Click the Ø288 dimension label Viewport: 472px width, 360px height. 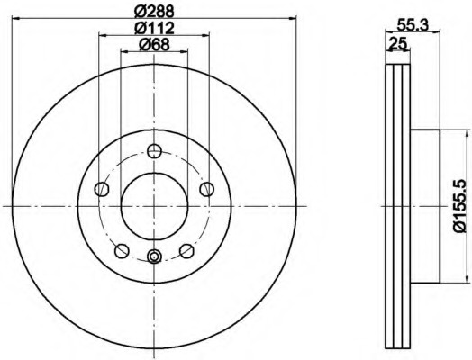154,12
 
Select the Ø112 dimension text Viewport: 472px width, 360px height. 154,28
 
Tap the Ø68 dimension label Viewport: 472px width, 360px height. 154,45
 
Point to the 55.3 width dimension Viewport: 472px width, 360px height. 413,24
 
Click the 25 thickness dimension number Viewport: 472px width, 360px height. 398,43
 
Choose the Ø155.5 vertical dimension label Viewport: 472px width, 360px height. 461,205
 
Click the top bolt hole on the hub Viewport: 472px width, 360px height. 154,151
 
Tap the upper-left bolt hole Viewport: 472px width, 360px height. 102,190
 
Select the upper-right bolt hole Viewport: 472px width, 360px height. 207,190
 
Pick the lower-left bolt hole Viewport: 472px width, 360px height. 122,251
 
